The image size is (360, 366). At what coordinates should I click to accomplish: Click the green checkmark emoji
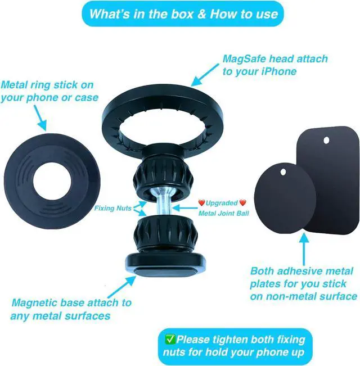coord(170,339)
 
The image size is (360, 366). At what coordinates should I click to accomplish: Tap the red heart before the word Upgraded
coord(201,202)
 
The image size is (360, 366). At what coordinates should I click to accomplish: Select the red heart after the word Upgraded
coord(243,202)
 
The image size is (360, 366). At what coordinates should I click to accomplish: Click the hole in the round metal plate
coord(283,172)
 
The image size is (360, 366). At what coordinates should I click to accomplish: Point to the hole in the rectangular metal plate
coord(326,141)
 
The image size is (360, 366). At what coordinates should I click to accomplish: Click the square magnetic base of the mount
coord(165,265)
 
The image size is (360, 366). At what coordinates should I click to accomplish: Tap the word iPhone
coord(279,71)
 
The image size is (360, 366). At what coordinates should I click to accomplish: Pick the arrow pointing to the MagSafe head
coord(205,75)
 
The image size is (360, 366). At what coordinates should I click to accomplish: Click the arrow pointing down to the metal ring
coord(40,118)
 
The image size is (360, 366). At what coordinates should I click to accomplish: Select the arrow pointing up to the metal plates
coord(304,249)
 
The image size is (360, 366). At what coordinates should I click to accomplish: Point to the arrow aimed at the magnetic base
coord(122,287)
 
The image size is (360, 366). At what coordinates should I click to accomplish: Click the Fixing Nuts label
coord(113,208)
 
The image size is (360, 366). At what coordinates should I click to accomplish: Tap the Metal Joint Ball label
coord(224,213)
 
